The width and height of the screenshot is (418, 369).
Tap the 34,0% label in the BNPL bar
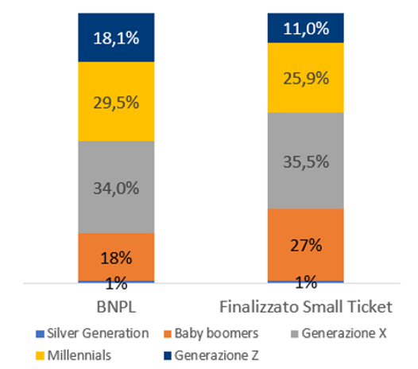pos(116,188)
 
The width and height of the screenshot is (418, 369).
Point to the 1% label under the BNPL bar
pos(116,282)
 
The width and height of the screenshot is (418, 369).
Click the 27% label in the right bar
pos(305,244)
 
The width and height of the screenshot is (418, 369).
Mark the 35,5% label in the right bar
pos(305,162)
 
